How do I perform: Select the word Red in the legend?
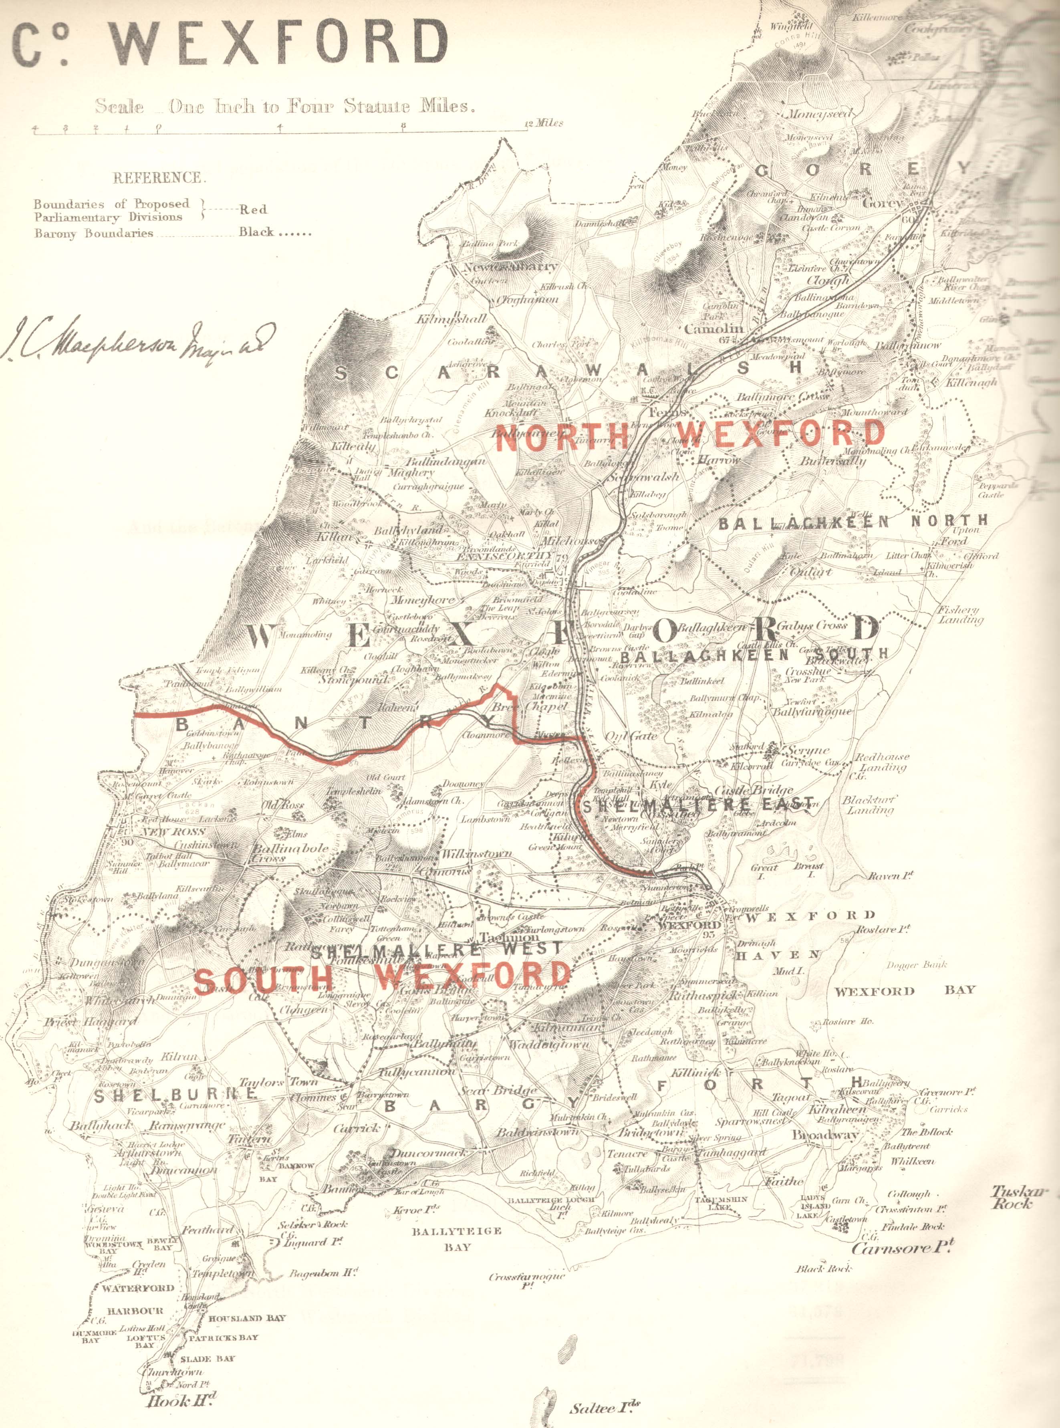click(253, 209)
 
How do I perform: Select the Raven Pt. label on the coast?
click(891, 876)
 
